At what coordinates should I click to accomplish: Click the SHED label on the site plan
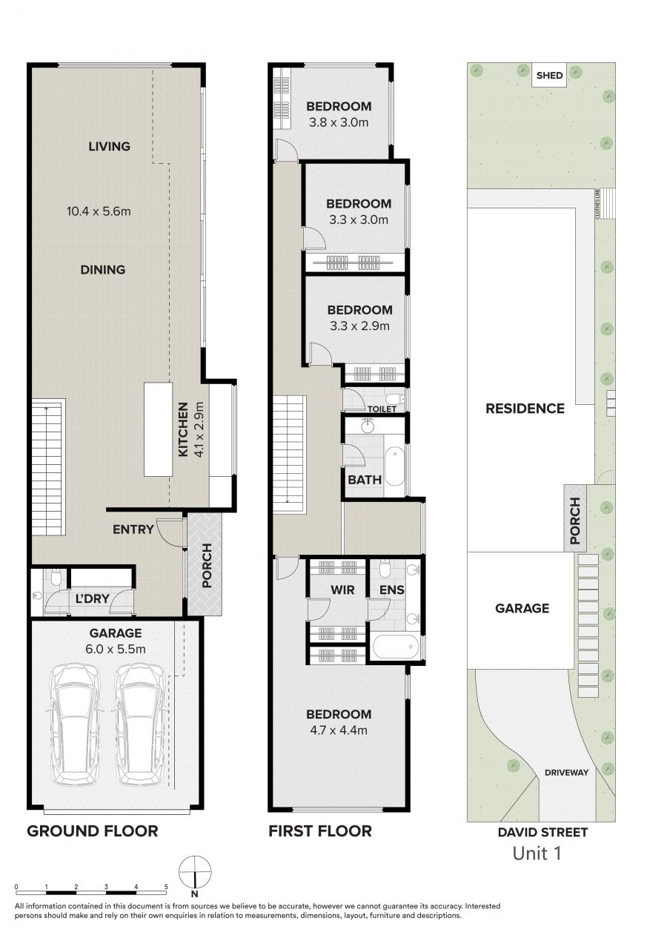549,76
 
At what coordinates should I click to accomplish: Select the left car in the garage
76,725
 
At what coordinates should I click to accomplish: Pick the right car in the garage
140,725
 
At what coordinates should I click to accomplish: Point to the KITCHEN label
183,429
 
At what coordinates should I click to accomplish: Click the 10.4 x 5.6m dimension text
99,211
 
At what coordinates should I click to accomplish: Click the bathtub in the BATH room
394,467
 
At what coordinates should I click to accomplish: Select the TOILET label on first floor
382,409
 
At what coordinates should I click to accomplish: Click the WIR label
342,590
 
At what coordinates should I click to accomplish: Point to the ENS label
391,590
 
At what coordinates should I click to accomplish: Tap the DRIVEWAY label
566,773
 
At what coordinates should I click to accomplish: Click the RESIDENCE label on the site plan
525,409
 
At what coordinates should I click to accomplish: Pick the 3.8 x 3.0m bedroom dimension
339,122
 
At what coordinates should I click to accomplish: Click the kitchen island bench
159,429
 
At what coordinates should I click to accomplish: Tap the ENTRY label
133,529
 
